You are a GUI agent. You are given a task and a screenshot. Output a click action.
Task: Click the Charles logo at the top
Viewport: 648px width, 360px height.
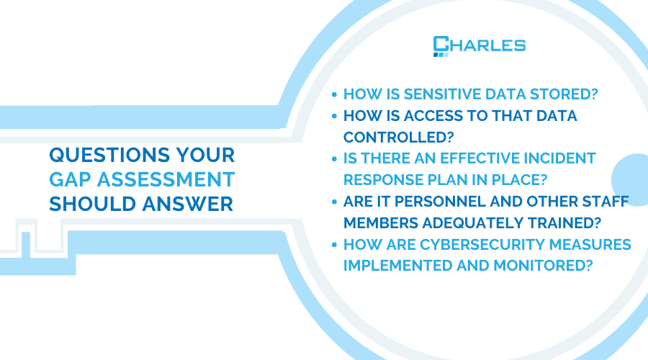point(480,46)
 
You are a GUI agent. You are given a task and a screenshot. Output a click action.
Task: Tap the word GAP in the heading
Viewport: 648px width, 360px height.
point(71,180)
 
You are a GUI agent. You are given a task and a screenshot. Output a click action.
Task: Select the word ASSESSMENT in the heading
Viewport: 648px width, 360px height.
point(166,180)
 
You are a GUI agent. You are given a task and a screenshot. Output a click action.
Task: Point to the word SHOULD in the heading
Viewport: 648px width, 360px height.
point(93,204)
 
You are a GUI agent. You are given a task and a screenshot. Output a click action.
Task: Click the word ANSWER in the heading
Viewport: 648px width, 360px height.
point(188,204)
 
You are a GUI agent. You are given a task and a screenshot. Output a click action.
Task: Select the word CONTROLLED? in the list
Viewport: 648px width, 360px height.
point(398,138)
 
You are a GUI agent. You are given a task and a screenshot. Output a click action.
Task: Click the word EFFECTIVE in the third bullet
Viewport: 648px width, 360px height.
point(480,158)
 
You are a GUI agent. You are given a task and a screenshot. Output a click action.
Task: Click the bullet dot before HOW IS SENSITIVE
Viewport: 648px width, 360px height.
point(334,94)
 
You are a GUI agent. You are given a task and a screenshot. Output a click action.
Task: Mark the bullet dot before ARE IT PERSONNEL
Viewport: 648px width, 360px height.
point(334,202)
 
